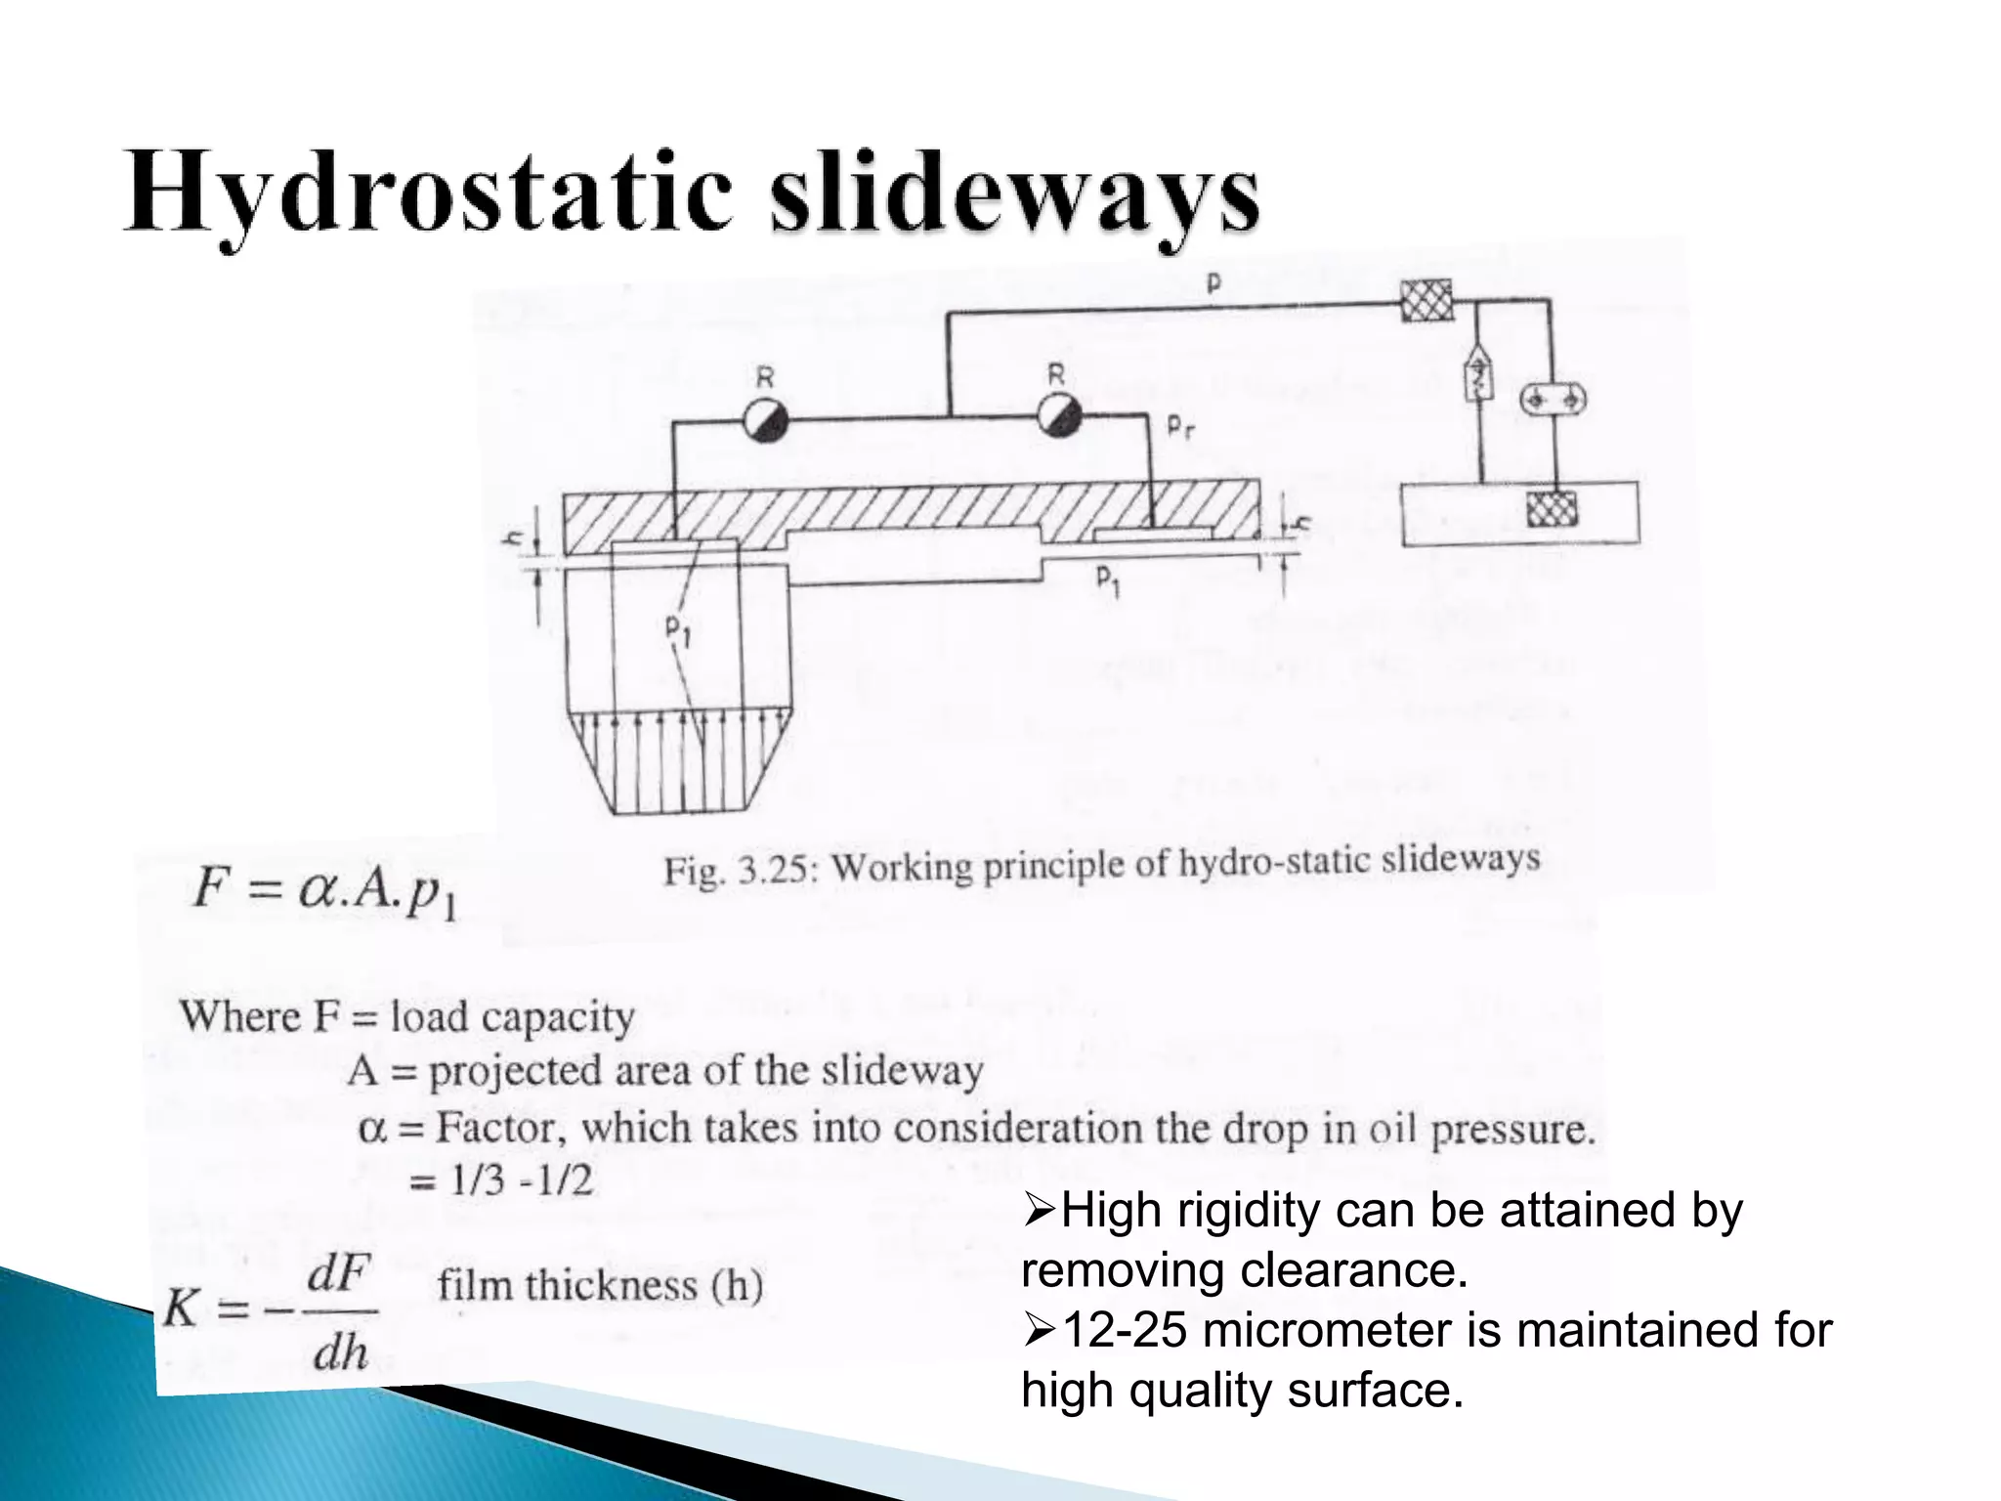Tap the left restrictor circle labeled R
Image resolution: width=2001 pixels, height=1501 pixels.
(765, 419)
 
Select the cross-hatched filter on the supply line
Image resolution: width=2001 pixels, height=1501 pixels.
(1426, 300)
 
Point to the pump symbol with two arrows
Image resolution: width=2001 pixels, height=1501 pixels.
(1553, 399)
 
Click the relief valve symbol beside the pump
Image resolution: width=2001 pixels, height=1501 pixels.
(1480, 372)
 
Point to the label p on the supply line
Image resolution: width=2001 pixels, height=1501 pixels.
(1213, 283)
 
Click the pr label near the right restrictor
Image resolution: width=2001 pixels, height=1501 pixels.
(1180, 427)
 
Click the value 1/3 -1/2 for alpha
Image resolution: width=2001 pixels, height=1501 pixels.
(520, 1181)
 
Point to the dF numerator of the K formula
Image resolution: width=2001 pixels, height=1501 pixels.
(338, 1274)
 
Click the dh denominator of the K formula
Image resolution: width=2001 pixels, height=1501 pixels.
(339, 1353)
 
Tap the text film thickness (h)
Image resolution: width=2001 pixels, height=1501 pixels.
(600, 1285)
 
